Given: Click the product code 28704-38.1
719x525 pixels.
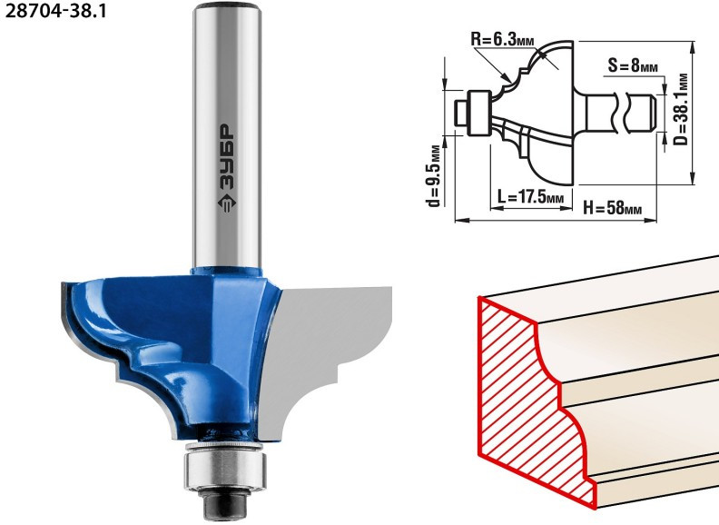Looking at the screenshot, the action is coord(55,11).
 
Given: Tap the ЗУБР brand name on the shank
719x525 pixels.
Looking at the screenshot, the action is coord(227,156).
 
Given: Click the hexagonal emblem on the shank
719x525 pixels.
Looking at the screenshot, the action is coord(227,202).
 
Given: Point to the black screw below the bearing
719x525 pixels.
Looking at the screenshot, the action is coord(225,503).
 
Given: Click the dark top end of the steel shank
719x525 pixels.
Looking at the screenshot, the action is coord(227,6).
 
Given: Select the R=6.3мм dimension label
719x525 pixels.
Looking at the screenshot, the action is coord(503,39).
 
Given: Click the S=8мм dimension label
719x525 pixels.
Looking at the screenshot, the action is coord(633,65).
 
